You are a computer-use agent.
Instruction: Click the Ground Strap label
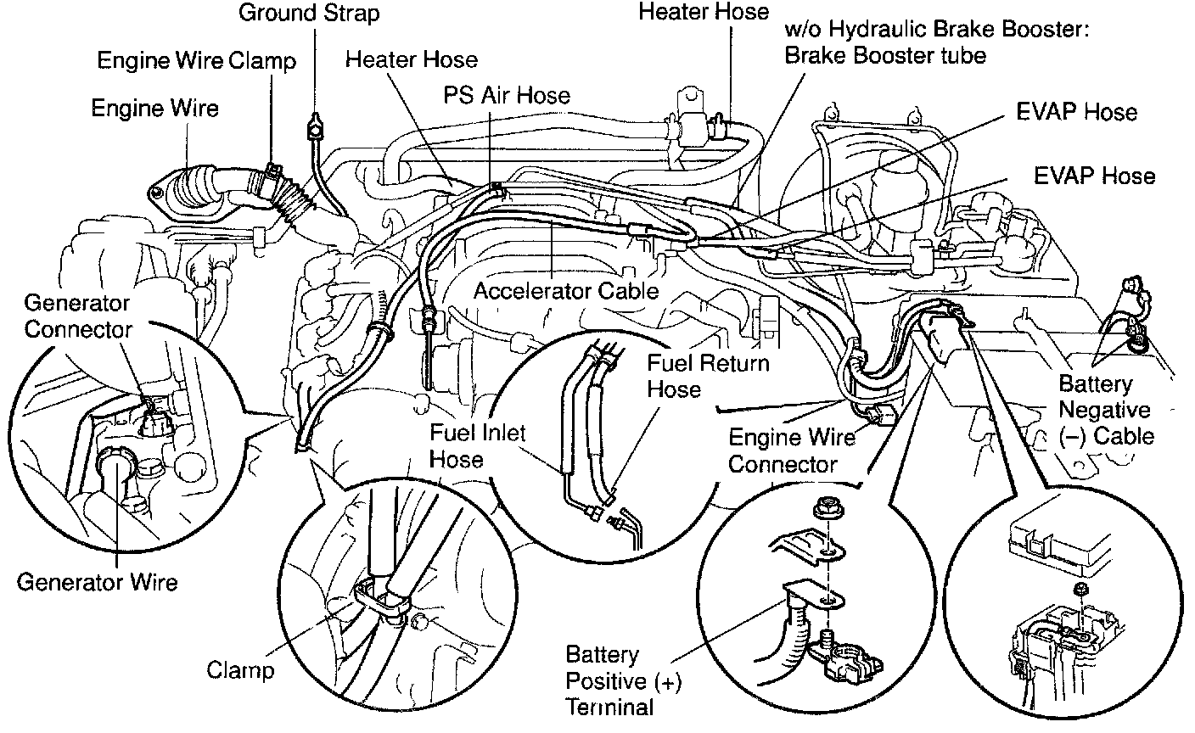tap(309, 14)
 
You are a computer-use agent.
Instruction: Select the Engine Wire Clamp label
tap(196, 61)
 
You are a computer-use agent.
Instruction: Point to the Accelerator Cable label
tap(565, 291)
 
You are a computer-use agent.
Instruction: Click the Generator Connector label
tap(76, 316)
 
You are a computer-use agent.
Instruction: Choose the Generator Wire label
tap(98, 582)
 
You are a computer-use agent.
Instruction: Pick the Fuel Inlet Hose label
tap(466, 445)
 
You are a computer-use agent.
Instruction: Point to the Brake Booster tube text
tap(885, 55)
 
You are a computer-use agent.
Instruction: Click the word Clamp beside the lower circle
tap(240, 669)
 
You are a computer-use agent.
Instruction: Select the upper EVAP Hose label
tap(1076, 112)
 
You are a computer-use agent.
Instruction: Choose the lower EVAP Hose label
tap(1094, 176)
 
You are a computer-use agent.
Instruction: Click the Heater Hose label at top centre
tap(704, 11)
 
